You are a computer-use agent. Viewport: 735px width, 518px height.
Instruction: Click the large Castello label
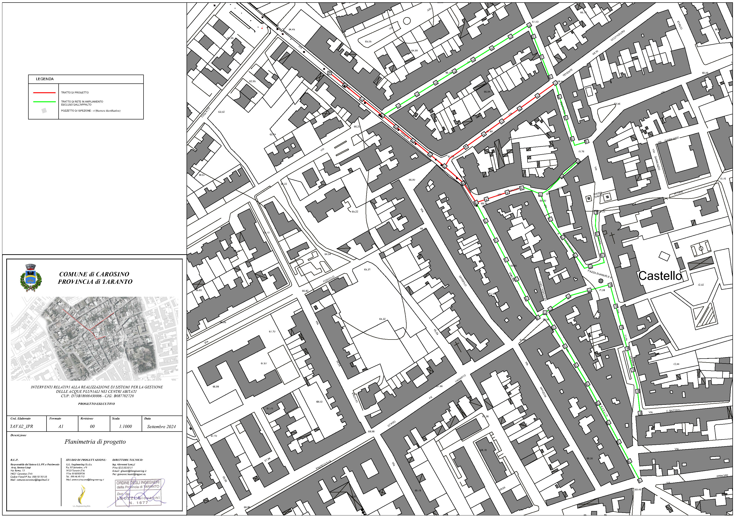660,276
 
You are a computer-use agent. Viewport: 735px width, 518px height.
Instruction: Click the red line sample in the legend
44,93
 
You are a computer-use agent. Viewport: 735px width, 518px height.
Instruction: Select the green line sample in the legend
44,102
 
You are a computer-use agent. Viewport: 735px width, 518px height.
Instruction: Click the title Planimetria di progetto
95,442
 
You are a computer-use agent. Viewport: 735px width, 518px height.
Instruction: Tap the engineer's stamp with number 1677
138,493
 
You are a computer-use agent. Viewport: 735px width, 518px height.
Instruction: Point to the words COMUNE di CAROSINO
94,274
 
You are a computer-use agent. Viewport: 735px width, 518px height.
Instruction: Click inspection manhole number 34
329,73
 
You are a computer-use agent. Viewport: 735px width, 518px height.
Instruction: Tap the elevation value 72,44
676,364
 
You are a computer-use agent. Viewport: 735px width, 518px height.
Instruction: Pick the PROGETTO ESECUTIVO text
96,403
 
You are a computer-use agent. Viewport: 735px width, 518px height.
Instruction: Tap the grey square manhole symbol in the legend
44,111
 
